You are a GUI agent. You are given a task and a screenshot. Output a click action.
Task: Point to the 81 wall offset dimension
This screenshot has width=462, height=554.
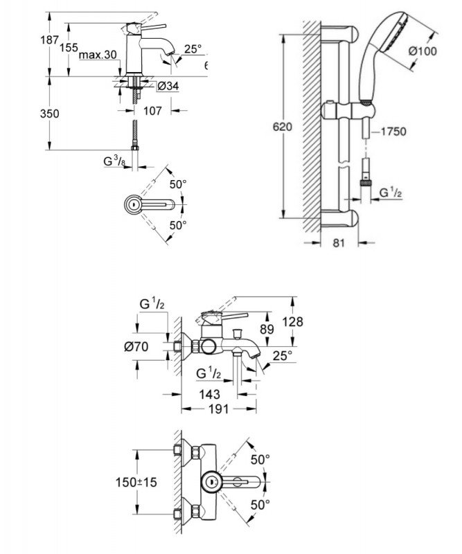tap(339, 243)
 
